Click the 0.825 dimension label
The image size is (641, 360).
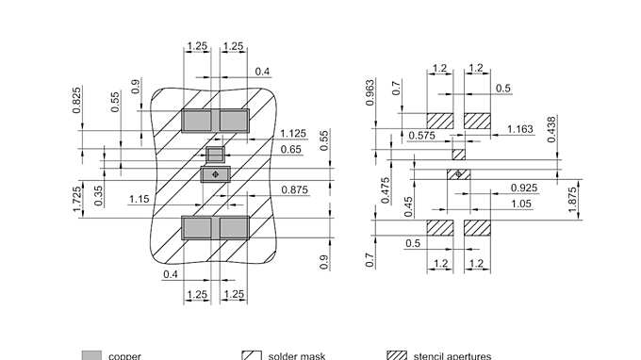tap(77, 100)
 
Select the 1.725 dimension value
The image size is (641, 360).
tap(77, 197)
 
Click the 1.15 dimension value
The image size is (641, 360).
tap(140, 199)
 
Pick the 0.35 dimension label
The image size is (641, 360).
tap(99, 195)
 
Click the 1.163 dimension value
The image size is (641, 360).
tap(521, 129)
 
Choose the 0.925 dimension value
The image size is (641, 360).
tap(524, 188)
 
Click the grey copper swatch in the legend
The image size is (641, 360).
tap(91, 355)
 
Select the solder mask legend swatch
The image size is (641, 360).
tap(251, 355)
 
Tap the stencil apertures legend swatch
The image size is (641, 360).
tap(397, 355)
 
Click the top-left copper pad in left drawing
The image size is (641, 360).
tap(197, 120)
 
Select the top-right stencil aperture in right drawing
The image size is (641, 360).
tap(478, 121)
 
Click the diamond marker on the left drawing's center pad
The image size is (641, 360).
tap(215, 173)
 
